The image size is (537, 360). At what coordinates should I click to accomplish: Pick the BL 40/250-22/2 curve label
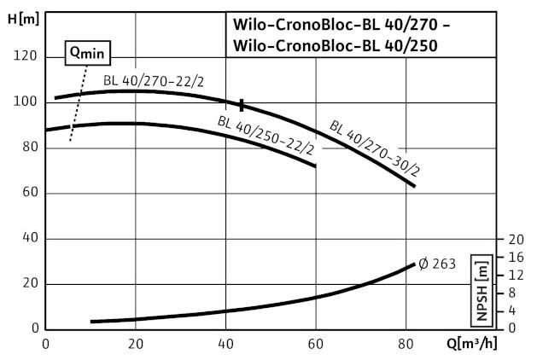266,135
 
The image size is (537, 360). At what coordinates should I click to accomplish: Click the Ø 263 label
437,263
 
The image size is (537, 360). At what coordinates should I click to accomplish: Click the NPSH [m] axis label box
484,291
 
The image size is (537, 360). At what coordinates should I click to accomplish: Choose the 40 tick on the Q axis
226,344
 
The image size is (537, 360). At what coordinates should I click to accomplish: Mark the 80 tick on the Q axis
406,344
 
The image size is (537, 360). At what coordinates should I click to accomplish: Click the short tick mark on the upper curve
242,105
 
